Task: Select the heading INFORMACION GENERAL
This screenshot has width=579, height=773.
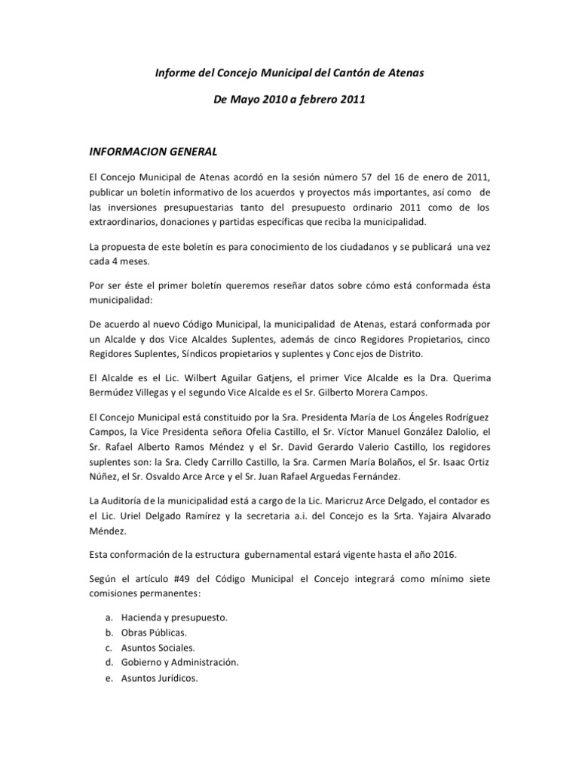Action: click(153, 151)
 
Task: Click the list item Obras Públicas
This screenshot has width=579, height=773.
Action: click(154, 632)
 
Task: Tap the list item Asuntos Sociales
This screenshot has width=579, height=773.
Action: click(158, 647)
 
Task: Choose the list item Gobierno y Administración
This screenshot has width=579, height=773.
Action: click(179, 662)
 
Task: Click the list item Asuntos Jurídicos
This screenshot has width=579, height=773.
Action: click(160, 678)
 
